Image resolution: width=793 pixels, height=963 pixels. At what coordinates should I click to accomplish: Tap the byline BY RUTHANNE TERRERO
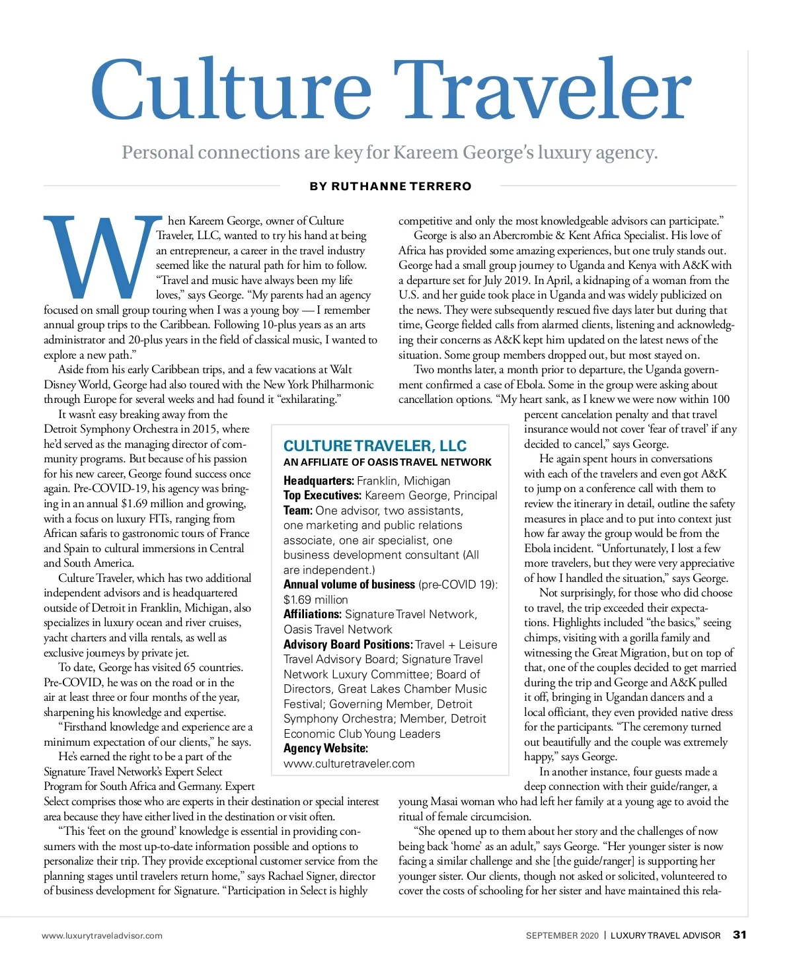click(x=391, y=186)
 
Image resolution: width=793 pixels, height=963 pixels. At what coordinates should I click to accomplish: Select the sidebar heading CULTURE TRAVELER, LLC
click(x=375, y=446)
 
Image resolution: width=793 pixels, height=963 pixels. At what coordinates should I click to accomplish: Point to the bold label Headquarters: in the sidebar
click(x=319, y=481)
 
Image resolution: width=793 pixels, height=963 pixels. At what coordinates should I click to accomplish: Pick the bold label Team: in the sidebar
click(x=298, y=511)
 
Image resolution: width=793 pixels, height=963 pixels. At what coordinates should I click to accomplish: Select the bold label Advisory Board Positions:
click(x=348, y=645)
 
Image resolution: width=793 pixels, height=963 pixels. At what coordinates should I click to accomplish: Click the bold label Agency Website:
click(x=326, y=748)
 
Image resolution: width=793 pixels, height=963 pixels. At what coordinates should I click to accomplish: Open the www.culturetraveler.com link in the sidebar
click(x=349, y=764)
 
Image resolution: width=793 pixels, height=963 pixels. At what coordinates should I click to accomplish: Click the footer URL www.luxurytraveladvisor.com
click(x=102, y=935)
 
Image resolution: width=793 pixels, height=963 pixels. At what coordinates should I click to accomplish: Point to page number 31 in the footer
click(x=739, y=935)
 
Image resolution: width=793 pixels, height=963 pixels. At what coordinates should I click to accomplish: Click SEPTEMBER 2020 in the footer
click(x=562, y=935)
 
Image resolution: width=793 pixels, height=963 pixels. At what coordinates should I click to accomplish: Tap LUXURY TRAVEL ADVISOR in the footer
click(x=665, y=935)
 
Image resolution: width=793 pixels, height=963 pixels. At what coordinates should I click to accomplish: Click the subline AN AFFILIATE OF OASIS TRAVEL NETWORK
click(x=387, y=462)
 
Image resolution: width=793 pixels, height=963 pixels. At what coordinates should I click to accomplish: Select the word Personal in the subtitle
click(x=157, y=153)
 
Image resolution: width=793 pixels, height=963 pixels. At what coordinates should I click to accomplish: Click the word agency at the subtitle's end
click(x=624, y=153)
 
